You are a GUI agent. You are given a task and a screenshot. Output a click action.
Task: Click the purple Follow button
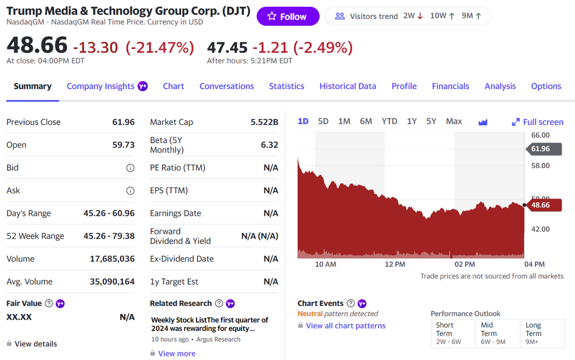tap(287, 17)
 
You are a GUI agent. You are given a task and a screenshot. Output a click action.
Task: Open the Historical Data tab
tap(348, 86)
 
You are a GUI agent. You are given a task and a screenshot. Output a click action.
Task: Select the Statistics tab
tap(286, 86)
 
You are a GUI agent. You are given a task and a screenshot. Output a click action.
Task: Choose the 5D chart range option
tap(323, 121)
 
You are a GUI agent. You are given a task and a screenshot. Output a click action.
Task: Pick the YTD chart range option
tap(389, 121)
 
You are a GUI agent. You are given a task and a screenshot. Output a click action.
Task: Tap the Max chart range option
tap(454, 121)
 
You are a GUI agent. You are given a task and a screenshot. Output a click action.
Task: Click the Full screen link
tap(538, 122)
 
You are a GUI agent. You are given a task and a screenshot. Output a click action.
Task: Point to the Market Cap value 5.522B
tap(264, 122)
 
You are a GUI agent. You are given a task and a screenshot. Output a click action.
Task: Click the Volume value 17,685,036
tap(112, 259)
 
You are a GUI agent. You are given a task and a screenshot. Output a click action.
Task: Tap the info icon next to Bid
tap(131, 168)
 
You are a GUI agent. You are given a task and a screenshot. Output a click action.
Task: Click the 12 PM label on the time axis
tap(395, 265)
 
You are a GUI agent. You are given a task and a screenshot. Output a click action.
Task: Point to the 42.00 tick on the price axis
tap(540, 229)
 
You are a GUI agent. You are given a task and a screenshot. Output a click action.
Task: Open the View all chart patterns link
tap(346, 325)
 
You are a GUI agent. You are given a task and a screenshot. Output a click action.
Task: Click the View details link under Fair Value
tap(36, 344)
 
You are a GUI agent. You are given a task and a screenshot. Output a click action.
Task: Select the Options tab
tap(546, 86)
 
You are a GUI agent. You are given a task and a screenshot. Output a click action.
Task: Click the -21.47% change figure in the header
tap(160, 48)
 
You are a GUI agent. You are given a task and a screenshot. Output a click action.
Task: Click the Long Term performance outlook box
tap(540, 334)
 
